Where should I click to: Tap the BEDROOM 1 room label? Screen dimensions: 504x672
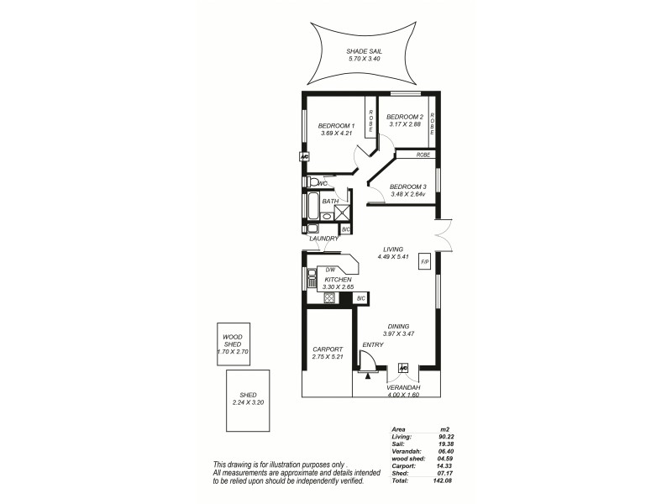pyautogui.click(x=336, y=125)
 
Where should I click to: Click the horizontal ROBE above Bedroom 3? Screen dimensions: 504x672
pyautogui.click(x=423, y=155)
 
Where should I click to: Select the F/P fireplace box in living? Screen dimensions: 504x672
pyautogui.click(x=424, y=261)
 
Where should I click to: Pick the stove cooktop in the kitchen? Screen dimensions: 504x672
pyautogui.click(x=329, y=298)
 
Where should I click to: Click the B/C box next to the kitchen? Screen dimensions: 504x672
pyautogui.click(x=361, y=298)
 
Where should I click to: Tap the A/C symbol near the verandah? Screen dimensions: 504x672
pyautogui.click(x=404, y=367)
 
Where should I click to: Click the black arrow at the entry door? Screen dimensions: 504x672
pyautogui.click(x=368, y=375)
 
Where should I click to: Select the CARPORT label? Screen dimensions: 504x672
pyautogui.click(x=326, y=349)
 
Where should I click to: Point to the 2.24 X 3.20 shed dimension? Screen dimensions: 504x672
pyautogui.click(x=248, y=402)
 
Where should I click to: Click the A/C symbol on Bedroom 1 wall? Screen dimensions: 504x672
pyautogui.click(x=304, y=157)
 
